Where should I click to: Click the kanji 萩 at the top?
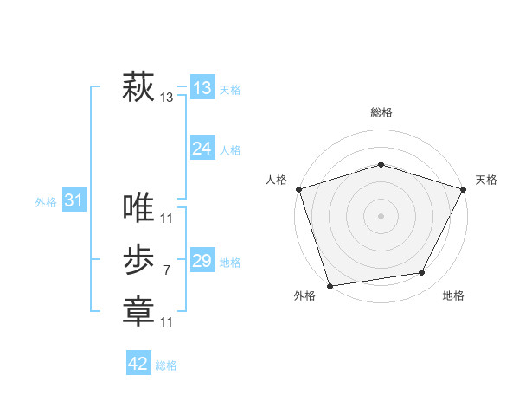[138, 87]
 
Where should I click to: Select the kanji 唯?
[138, 207]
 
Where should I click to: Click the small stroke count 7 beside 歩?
[166, 270]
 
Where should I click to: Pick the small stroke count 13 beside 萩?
[166, 98]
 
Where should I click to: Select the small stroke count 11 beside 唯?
[166, 218]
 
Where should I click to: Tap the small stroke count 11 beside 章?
[166, 322]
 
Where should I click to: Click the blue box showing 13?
[202, 87]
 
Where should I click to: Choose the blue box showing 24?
[202, 149]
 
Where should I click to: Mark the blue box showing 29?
[202, 261]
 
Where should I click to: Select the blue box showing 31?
[74, 200]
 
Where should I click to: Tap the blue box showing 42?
[138, 364]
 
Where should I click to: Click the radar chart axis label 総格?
[381, 112]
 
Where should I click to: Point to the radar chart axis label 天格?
[486, 180]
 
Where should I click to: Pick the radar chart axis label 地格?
[453, 295]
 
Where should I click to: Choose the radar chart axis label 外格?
[304, 295]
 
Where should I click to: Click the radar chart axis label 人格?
[276, 180]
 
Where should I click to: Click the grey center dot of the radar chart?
[381, 215]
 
